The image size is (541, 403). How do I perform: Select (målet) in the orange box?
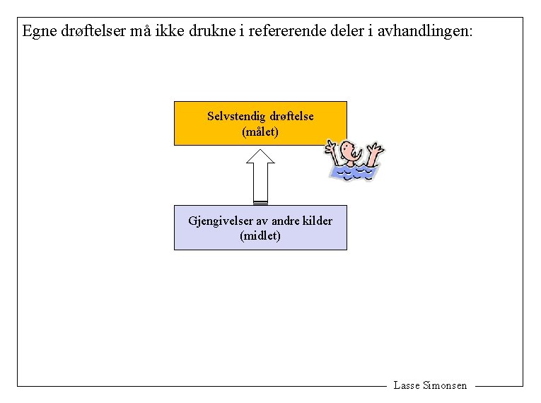pos(260,132)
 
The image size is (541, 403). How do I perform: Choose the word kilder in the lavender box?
pos(317,221)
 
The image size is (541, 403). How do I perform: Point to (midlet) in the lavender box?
pos(260,236)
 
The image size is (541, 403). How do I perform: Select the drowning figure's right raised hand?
pos(376,148)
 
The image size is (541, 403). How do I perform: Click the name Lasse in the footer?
pos(407,385)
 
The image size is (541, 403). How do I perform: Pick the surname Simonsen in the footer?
pos(445,385)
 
